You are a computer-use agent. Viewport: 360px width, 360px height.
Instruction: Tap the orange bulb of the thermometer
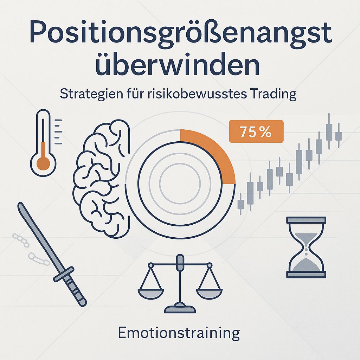point(44,163)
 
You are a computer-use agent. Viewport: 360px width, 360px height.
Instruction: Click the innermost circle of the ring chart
point(180,183)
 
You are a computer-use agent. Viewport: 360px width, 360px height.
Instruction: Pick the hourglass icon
point(307,247)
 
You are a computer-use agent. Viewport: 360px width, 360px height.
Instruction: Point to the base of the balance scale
point(180,308)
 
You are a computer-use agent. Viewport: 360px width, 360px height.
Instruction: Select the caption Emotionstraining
point(179,333)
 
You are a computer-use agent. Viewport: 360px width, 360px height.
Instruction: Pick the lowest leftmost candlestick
point(241,204)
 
